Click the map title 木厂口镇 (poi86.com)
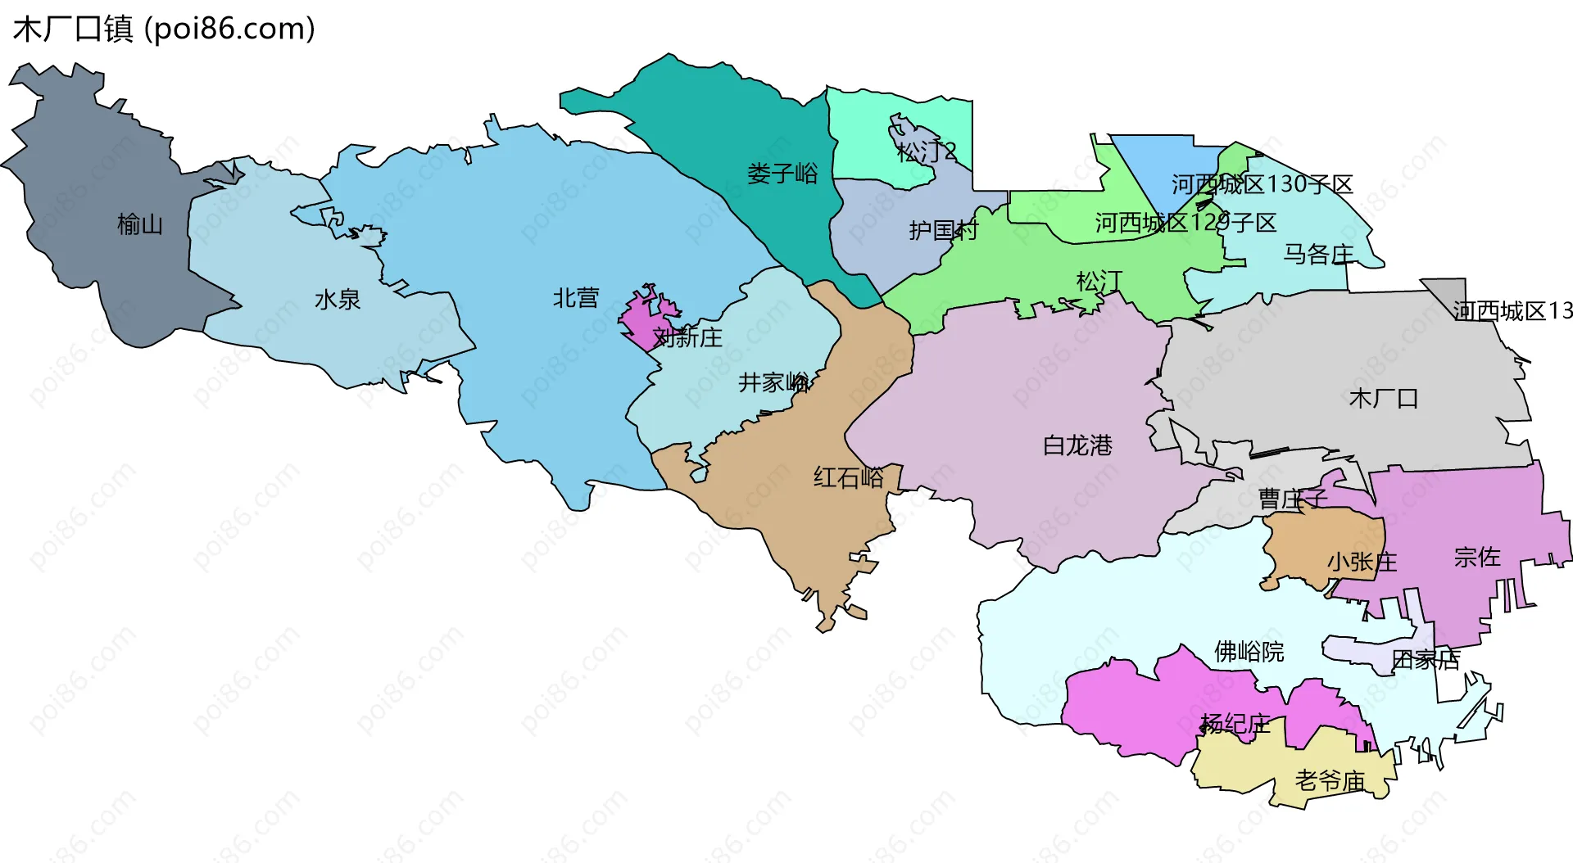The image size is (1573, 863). point(164,29)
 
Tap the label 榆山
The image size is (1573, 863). point(140,224)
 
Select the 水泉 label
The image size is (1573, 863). point(338,299)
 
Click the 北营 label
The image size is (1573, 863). point(576,297)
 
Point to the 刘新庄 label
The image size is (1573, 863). point(687,337)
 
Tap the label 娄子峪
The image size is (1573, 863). point(782,173)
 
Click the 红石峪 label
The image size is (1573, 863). point(849,477)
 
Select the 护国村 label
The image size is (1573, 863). point(943,230)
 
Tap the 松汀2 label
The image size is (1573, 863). point(926,151)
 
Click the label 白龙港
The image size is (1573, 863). point(1077,445)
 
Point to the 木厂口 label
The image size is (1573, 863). point(1384,398)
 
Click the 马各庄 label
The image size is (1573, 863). point(1318,254)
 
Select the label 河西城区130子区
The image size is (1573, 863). point(1262,184)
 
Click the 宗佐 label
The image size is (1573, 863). point(1477,557)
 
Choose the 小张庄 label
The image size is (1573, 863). point(1362,562)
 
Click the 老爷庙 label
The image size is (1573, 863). point(1330,780)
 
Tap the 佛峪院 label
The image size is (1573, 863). point(1249,652)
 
